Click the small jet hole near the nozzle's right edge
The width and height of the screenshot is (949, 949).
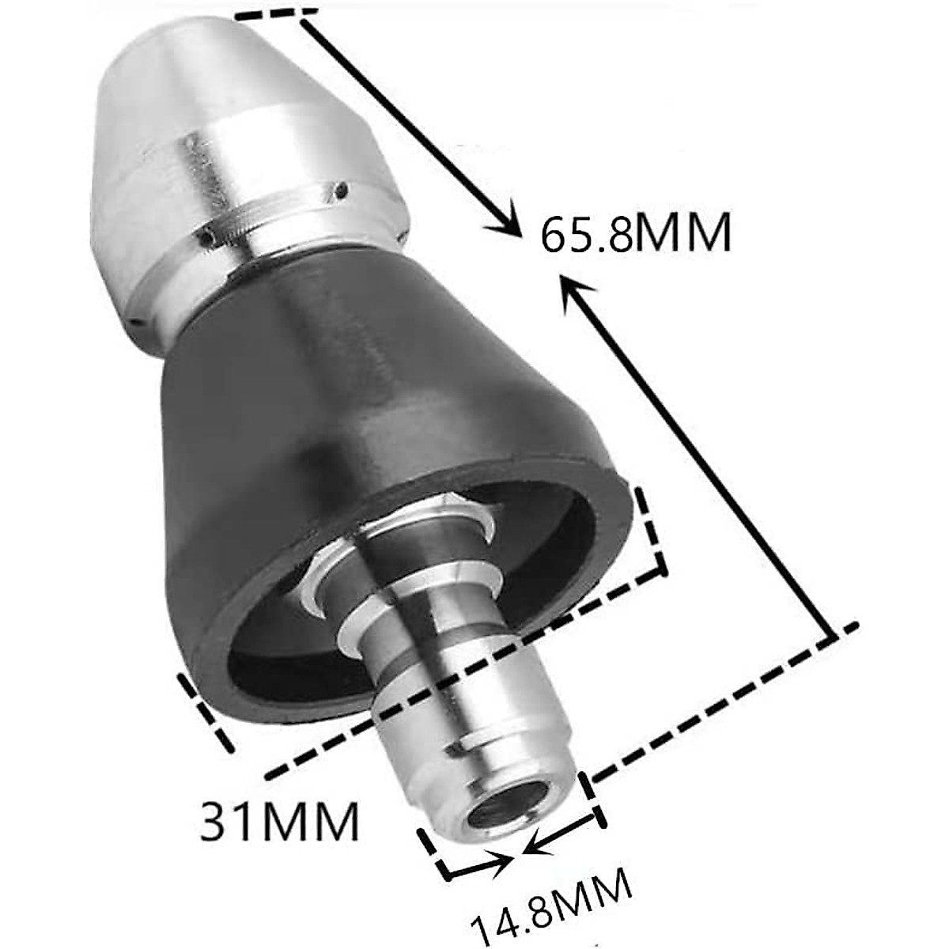[341, 191]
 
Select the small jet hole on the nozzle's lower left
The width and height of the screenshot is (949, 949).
[208, 236]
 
